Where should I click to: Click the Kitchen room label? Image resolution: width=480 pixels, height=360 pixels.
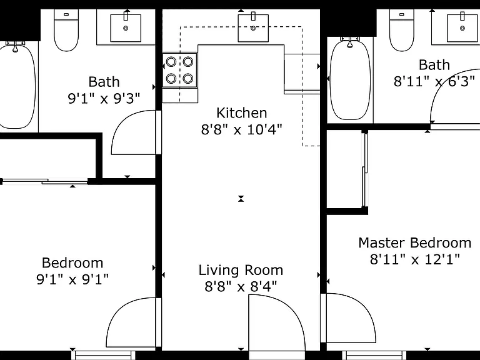(241, 113)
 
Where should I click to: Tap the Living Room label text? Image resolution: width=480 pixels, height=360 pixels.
(241, 270)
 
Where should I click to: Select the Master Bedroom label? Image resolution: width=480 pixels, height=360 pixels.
(415, 242)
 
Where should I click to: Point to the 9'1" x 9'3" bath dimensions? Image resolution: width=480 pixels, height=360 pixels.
(104, 99)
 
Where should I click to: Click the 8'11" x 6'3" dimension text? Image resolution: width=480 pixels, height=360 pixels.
(434, 81)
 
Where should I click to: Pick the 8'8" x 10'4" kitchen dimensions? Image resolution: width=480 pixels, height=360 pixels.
(241, 129)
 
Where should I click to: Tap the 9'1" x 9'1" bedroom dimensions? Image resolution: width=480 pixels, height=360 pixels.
(72, 279)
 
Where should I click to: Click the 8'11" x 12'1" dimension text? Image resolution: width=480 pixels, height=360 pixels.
(415, 259)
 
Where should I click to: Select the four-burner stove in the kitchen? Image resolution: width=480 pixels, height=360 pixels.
(180, 70)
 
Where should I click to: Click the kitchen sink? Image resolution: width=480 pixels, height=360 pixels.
(253, 28)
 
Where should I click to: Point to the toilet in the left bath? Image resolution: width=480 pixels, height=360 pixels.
(66, 30)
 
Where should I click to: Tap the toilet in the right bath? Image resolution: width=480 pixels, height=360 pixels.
(402, 30)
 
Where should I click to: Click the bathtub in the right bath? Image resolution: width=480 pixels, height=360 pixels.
(350, 79)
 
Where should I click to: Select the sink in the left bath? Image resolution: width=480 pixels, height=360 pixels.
(126, 28)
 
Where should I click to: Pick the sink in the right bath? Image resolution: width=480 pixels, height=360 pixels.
(462, 28)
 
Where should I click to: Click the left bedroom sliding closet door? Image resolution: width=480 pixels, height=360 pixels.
(45, 181)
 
